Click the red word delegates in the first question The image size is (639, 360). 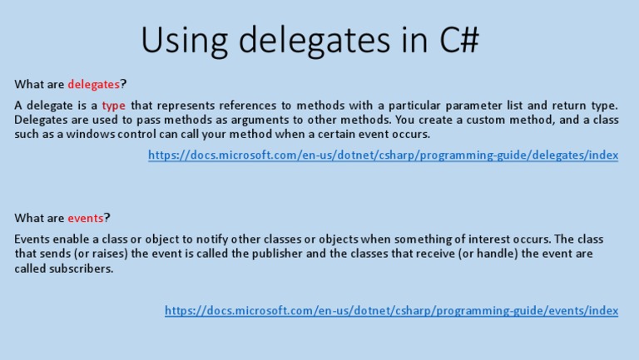[94, 84]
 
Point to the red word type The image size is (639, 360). [114, 106]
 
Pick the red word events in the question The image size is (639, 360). [86, 218]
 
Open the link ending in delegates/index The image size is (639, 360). [384, 155]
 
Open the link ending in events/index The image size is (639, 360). [392, 311]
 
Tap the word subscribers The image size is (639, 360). [81, 269]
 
